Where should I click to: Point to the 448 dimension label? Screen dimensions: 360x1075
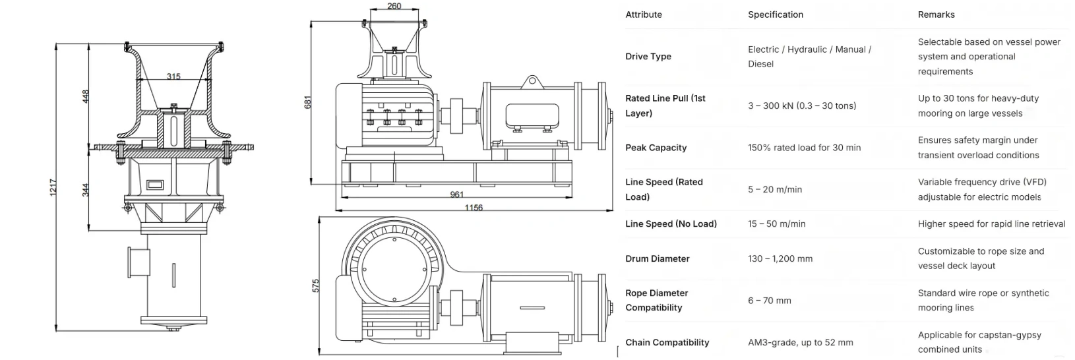(x=86, y=96)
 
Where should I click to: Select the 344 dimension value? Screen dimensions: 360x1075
(x=86, y=191)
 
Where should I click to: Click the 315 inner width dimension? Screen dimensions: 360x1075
(x=173, y=76)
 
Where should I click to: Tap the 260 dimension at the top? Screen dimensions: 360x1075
(x=394, y=7)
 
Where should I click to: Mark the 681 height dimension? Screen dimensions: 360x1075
(x=307, y=102)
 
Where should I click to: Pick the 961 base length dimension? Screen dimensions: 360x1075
(x=456, y=195)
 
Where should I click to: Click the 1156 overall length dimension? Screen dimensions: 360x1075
(x=474, y=208)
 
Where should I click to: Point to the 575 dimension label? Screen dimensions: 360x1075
(x=316, y=285)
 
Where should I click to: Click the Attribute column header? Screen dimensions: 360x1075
(x=644, y=15)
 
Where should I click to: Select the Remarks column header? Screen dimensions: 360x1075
(x=936, y=15)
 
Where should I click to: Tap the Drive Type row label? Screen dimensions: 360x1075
(x=648, y=57)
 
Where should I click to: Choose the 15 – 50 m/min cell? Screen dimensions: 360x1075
(x=776, y=224)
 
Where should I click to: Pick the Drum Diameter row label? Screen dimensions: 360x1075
(x=657, y=258)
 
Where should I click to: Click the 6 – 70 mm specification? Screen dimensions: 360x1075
(x=769, y=301)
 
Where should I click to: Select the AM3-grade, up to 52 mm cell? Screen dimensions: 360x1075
(x=800, y=343)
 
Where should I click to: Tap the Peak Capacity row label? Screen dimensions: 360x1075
(x=656, y=148)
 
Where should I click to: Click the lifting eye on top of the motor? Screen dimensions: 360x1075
(x=530, y=82)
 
